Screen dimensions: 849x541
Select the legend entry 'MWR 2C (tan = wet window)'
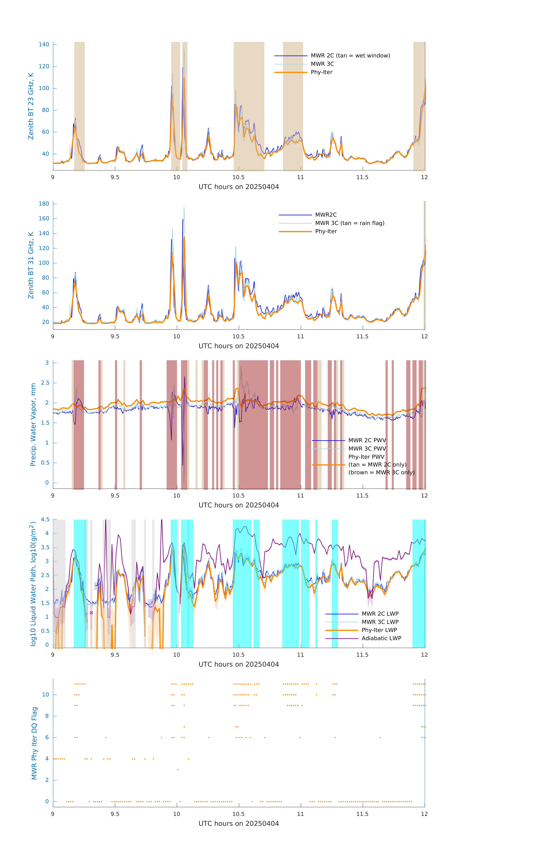click(x=350, y=56)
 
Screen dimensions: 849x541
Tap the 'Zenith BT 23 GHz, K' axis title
click(x=31, y=106)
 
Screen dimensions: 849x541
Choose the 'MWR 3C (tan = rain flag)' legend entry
click(x=349, y=223)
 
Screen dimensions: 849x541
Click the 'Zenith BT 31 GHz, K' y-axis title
click(x=31, y=265)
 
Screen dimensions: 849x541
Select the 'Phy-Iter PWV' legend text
click(x=366, y=457)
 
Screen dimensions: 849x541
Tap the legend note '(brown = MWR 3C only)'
click(x=381, y=473)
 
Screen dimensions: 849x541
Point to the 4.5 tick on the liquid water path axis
click(x=45, y=520)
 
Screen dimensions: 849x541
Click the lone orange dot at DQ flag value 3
click(x=178, y=770)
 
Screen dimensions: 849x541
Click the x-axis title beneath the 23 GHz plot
click(x=239, y=187)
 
